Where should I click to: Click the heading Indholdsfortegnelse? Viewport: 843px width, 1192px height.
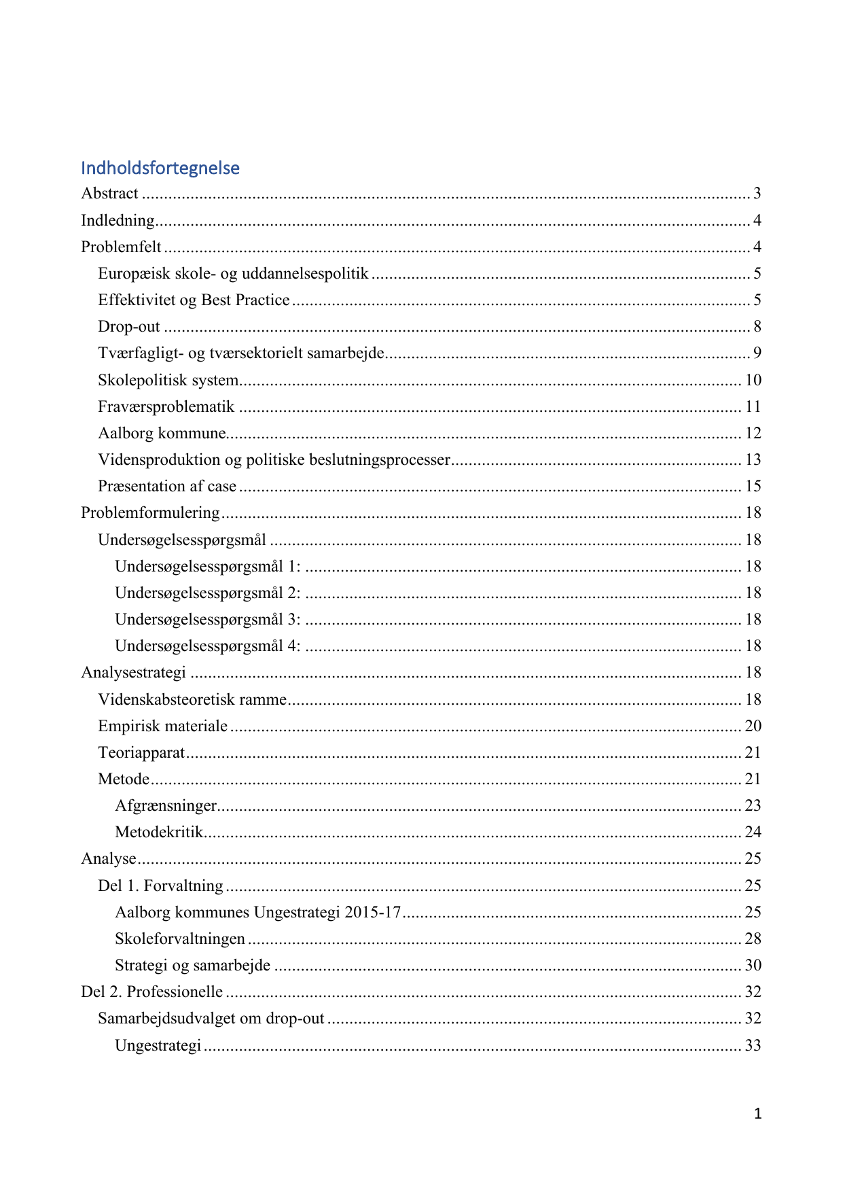coord(160,168)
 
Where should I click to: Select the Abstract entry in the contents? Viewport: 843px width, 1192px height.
coord(110,194)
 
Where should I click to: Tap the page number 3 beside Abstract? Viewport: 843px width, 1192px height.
coord(757,194)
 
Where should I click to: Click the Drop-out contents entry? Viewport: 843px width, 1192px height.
coord(129,327)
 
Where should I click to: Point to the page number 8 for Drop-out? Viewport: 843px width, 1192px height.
coord(757,327)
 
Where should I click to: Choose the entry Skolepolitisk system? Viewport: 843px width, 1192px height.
coord(168,380)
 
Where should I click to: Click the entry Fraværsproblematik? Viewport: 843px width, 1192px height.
coord(166,406)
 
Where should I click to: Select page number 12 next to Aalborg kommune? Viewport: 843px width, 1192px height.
coord(753,433)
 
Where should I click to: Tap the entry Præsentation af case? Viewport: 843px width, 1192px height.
coord(167,487)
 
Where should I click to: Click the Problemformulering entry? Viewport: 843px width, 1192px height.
coord(151,513)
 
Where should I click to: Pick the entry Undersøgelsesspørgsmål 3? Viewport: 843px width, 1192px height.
coord(208,620)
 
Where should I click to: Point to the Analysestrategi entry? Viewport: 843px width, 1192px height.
coord(134,673)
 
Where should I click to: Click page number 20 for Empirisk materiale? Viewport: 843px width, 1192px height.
coord(753,726)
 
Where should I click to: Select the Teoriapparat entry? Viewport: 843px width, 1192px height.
coord(141,752)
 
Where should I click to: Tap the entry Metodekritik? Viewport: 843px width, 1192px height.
coord(159,832)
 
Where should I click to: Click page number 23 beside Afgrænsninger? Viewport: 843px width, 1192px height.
coord(753,805)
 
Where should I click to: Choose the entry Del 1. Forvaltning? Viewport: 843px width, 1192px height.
coord(161,886)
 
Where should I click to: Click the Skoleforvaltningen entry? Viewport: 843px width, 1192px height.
coord(180,939)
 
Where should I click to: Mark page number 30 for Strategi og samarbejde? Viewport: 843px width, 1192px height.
coord(753,965)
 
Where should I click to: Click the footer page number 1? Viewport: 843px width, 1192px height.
coord(757,1113)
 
